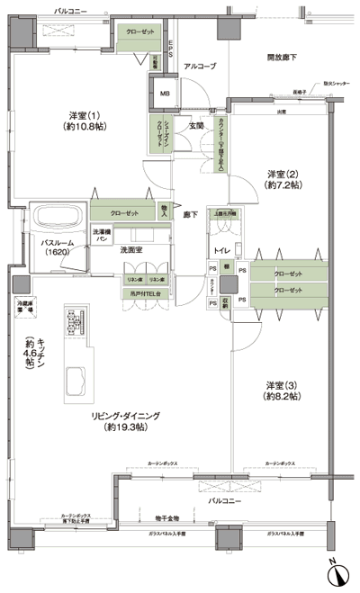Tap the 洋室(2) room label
tap(281, 178)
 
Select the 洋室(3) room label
tap(281, 389)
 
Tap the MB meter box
tap(165, 94)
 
